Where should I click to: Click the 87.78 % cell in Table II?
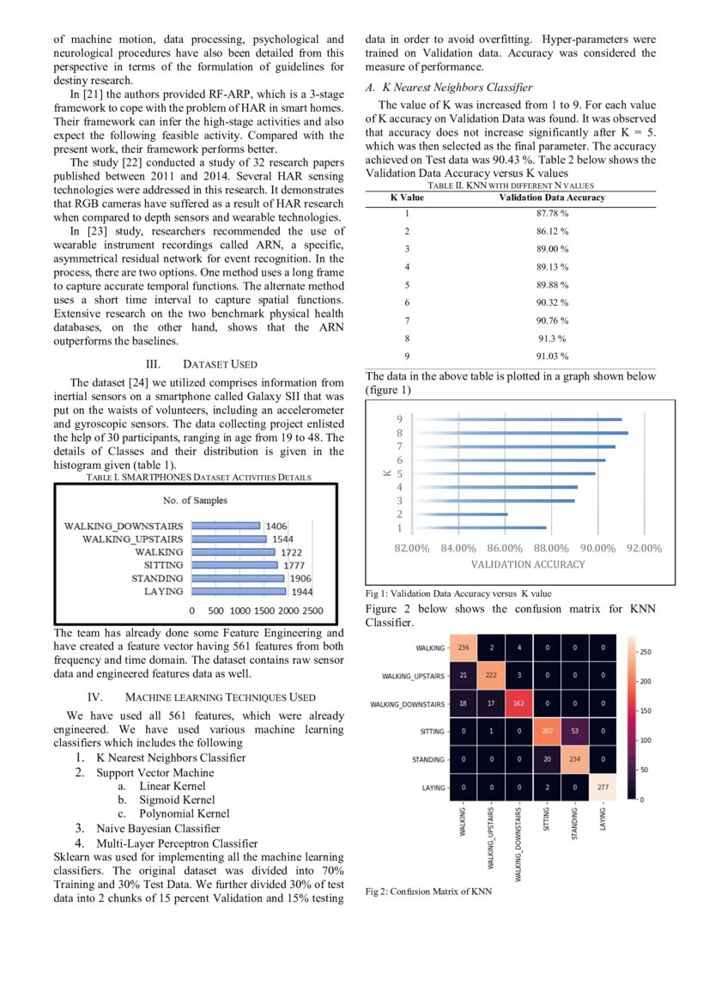coord(552,214)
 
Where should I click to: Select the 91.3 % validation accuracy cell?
coord(552,338)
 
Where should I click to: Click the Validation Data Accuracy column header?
coord(552,198)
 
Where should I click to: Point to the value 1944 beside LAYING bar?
coord(301,593)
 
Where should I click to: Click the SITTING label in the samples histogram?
coord(163,565)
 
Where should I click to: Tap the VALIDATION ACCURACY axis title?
coord(528,564)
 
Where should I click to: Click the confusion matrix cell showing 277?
coord(602,787)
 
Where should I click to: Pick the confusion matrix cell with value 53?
coord(573,732)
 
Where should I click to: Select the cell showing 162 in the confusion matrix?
coord(518,703)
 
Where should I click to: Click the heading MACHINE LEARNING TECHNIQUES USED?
coord(220,697)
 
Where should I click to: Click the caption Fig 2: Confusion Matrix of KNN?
coord(428,891)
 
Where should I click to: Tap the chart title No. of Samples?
coord(196,501)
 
